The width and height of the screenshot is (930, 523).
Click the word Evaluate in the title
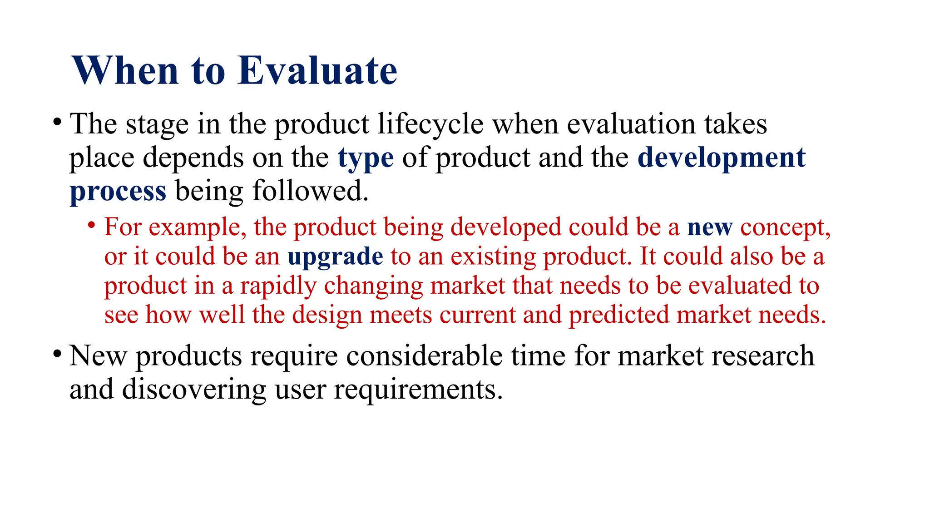coord(317,71)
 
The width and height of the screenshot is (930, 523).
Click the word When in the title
coord(125,71)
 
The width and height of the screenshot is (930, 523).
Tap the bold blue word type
coord(366,158)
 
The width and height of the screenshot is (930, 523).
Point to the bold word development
coord(721,158)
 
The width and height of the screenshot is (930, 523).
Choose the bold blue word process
coord(118,191)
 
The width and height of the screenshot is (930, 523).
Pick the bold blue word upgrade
coord(335,257)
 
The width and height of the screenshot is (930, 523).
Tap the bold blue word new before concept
coord(710,227)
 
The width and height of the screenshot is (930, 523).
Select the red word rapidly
coord(278,286)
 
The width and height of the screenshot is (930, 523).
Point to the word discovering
coord(194,390)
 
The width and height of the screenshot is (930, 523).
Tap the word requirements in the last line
coord(418,390)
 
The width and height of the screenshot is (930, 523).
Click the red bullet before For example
coord(92,225)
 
